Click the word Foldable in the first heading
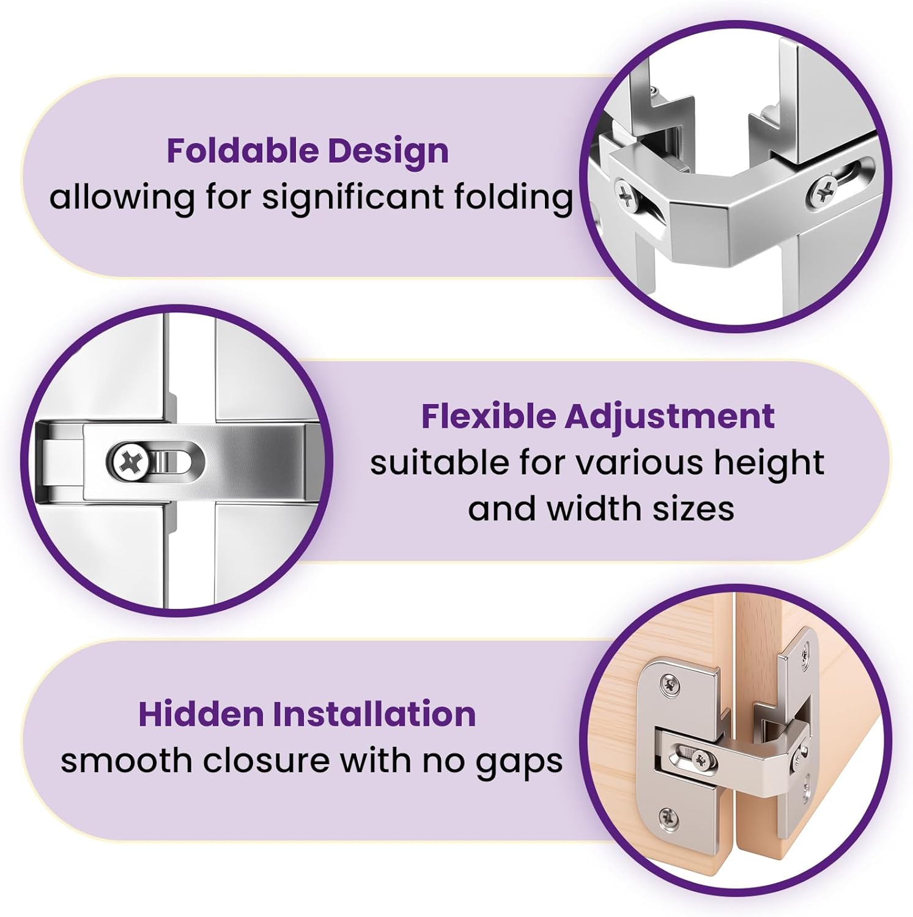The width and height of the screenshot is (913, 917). click(x=242, y=150)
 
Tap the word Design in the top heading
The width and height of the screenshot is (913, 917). click(x=388, y=152)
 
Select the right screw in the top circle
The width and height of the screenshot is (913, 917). click(x=823, y=190)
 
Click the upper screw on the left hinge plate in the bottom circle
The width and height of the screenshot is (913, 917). click(x=671, y=685)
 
